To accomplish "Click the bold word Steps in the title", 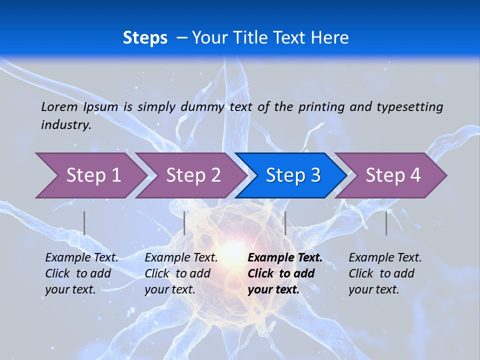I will click(x=145, y=38).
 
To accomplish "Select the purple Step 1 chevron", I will click(x=90, y=175).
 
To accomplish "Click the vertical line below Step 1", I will click(x=84, y=223).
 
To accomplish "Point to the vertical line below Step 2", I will click(x=184, y=223).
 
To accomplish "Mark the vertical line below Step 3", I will click(x=285, y=223).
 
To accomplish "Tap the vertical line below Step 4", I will click(x=386, y=223).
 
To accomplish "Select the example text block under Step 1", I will click(x=81, y=273).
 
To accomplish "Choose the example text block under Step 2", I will click(x=181, y=273).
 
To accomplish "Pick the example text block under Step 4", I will click(x=385, y=273).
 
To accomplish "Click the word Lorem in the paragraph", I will click(x=59, y=107).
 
